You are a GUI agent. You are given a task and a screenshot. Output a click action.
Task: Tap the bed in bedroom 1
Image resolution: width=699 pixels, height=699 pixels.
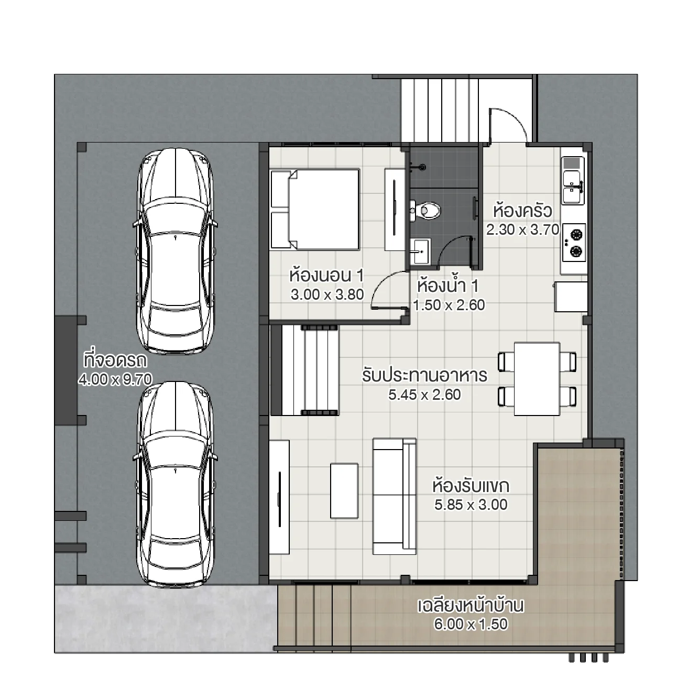tap(315, 209)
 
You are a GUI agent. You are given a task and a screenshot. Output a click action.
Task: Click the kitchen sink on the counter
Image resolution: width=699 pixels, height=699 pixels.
tap(573, 180)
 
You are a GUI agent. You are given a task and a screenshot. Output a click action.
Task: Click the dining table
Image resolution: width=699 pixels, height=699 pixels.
tap(537, 378)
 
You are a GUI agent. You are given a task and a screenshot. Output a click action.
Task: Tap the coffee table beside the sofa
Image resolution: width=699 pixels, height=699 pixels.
tap(344, 491)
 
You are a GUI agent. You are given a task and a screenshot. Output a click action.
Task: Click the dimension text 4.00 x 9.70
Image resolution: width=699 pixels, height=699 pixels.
tap(115, 379)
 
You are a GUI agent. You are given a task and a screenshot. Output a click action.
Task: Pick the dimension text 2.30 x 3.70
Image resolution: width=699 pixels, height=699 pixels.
tap(522, 230)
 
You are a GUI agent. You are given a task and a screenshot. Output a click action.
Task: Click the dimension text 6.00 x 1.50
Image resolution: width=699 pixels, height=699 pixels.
tap(471, 624)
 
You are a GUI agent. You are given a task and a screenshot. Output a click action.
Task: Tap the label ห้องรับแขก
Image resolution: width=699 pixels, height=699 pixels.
tap(471, 486)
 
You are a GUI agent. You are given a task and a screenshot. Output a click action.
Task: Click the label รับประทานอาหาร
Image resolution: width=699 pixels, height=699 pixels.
tap(424, 376)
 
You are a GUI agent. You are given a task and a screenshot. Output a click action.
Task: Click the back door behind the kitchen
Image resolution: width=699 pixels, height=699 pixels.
tap(507, 125)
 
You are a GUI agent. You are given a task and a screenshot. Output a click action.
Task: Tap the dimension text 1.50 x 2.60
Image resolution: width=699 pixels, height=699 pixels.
tap(449, 305)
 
